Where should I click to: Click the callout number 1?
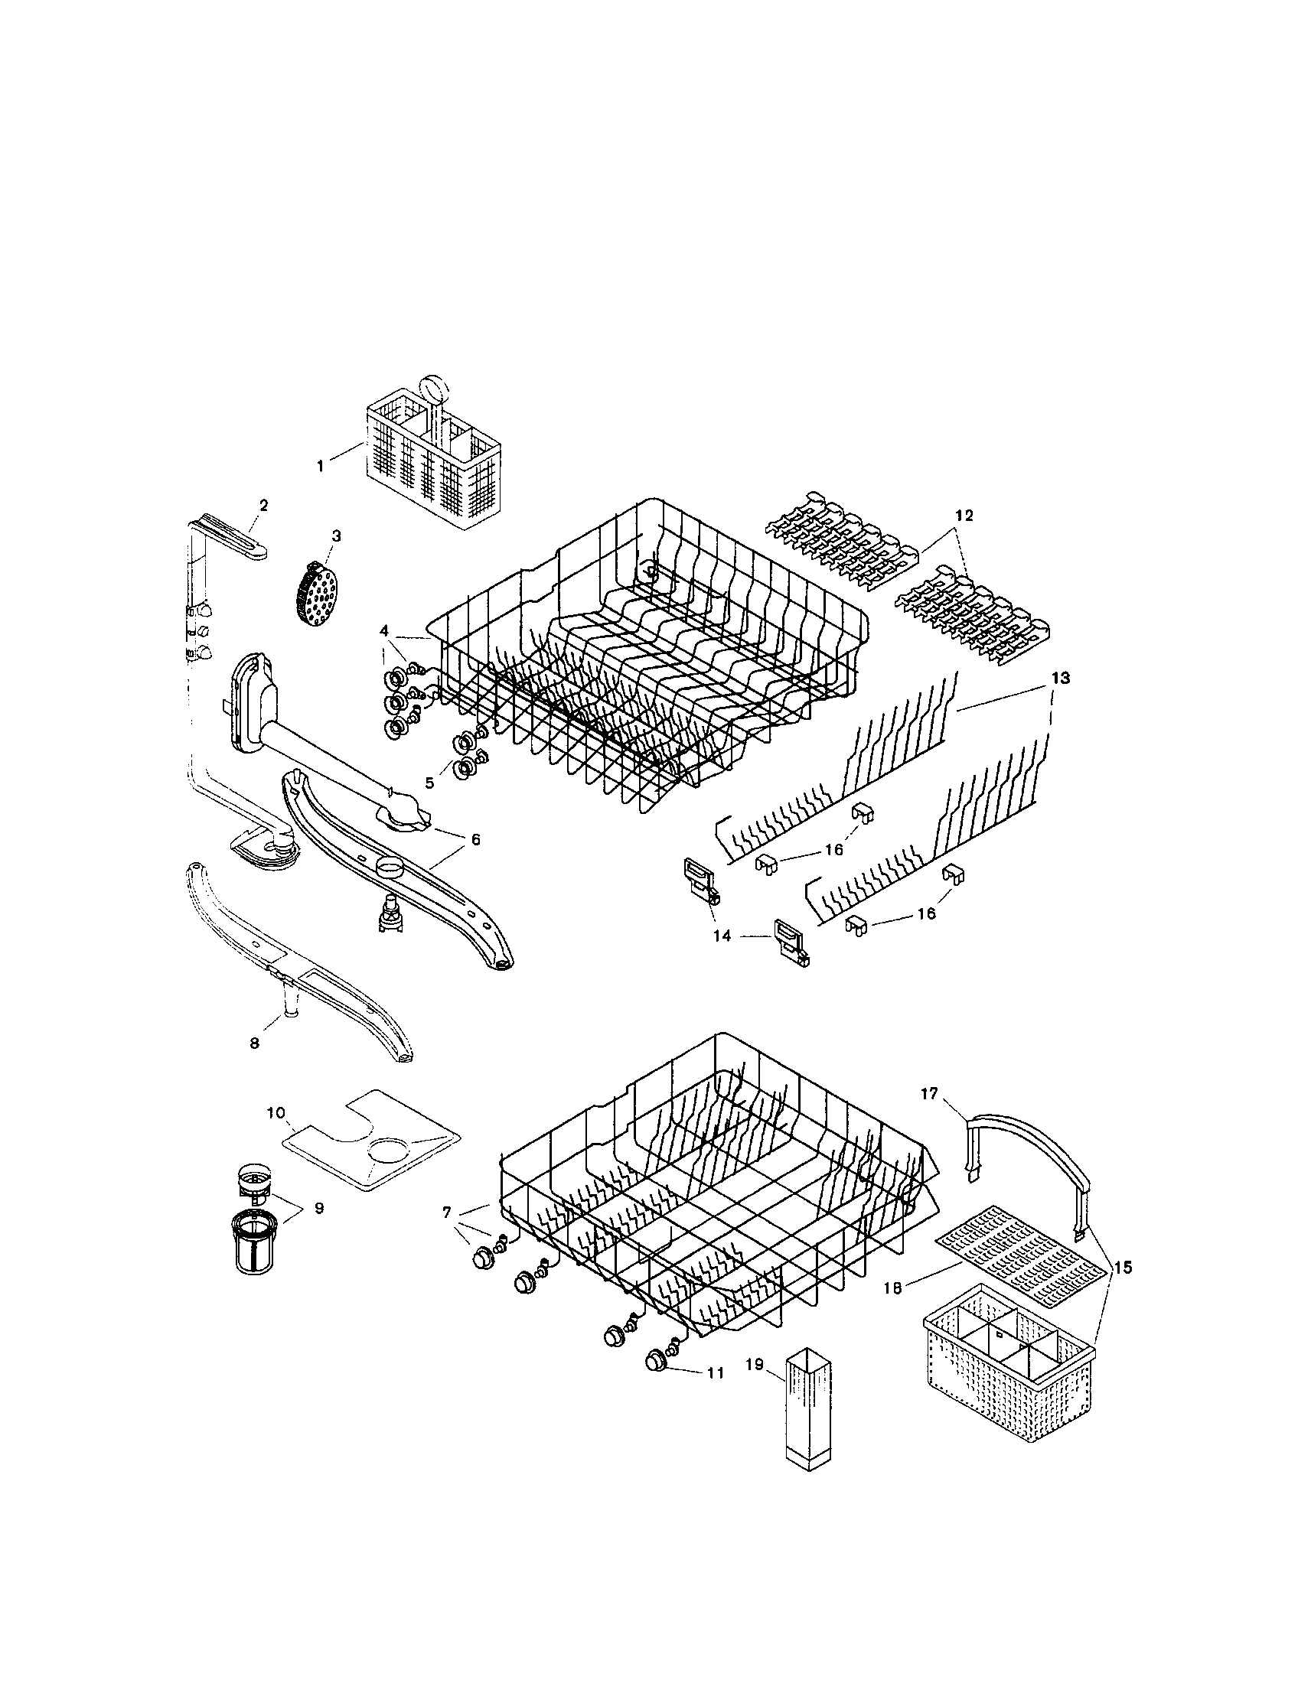(320, 465)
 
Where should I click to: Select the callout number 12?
(964, 516)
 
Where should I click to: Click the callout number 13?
(1061, 678)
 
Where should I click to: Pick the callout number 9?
(318, 1208)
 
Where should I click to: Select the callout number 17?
(930, 1093)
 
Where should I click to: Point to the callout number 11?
(715, 1373)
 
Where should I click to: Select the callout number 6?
(475, 839)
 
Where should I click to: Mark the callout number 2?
(263, 506)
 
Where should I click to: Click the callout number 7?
(447, 1213)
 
